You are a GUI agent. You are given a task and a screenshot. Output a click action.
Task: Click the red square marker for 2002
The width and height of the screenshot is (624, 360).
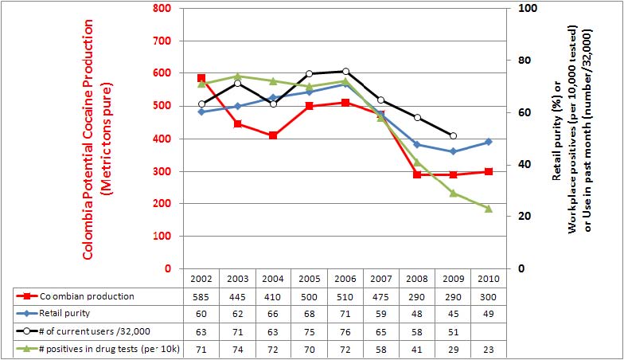(201, 78)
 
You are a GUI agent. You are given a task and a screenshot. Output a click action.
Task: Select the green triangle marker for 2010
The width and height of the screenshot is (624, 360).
(489, 209)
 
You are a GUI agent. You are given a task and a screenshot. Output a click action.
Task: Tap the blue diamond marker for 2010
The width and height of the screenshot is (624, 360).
(489, 142)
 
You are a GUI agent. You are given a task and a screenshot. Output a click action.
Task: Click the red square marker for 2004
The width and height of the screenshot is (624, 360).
(273, 135)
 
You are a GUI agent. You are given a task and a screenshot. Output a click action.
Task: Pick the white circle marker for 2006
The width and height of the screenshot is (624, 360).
(345, 72)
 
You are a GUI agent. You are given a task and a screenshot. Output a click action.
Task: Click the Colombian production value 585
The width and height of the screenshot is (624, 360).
(201, 296)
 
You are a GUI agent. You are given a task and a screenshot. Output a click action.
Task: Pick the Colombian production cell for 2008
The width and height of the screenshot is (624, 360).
(417, 296)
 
